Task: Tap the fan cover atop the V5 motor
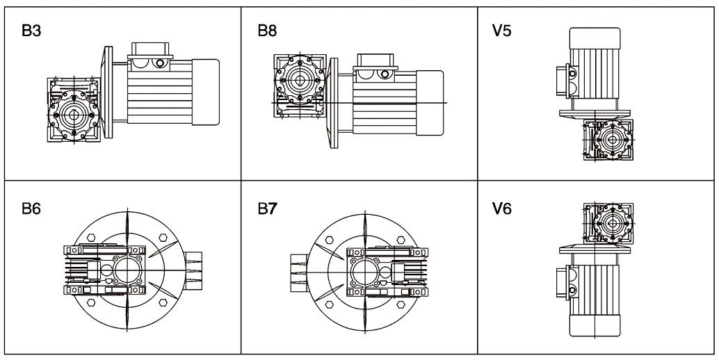pyautogui.click(x=595, y=38)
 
